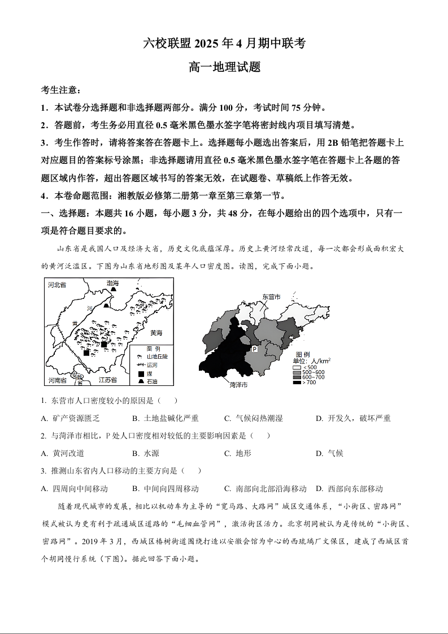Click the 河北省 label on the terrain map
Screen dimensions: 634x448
pyautogui.click(x=57, y=285)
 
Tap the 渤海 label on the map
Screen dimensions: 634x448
pyautogui.click(x=113, y=283)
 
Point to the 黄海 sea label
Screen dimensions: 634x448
pyautogui.click(x=155, y=333)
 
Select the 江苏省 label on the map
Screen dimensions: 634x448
pyautogui.click(x=107, y=380)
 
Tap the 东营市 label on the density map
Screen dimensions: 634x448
pyautogui.click(x=271, y=296)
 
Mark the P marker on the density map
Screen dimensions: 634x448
pyautogui.click(x=254, y=349)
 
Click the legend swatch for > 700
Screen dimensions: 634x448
pyautogui.click(x=297, y=383)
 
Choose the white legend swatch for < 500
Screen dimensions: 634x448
pyautogui.click(x=297, y=367)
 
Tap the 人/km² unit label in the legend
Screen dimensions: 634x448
pyautogui.click(x=321, y=361)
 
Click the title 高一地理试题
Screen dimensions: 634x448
pyautogui.click(x=224, y=67)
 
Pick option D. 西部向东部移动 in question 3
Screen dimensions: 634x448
pyautogui.click(x=349, y=488)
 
